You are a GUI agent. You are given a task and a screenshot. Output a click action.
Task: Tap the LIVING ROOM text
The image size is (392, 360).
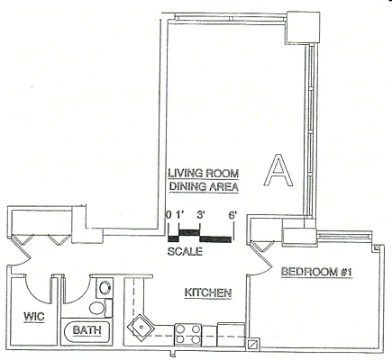coord(203,174)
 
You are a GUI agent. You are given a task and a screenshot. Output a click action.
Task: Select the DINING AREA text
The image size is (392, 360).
coord(203,187)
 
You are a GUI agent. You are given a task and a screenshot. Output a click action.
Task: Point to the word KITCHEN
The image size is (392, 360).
coord(209,292)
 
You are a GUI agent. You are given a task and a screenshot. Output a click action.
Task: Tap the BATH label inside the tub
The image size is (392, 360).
coord(84,331)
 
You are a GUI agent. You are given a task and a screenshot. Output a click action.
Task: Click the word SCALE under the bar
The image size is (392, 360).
coord(185,252)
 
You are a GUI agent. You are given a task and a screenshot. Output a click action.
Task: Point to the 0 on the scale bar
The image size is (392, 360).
coord(169,214)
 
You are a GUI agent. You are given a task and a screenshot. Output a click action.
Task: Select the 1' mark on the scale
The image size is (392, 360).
coord(180,214)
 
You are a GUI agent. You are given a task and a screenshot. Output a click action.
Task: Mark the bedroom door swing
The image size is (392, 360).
coord(261,256)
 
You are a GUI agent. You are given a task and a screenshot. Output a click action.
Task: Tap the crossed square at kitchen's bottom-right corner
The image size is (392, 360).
coord(253,343)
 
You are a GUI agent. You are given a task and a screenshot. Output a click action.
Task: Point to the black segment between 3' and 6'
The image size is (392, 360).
coord(215,238)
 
